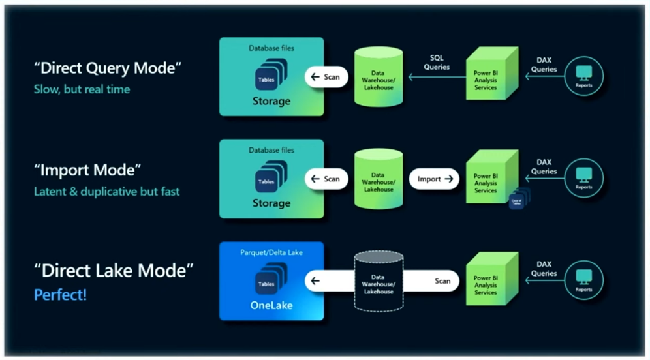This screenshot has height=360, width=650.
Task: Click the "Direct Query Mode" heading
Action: [107, 68]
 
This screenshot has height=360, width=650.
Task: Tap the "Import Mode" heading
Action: [87, 170]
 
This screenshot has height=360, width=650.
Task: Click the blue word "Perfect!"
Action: [60, 295]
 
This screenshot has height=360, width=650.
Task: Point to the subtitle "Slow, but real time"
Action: [82, 89]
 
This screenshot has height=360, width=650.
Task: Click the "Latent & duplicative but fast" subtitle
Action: [106, 192]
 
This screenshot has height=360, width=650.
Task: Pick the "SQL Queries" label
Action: [437, 63]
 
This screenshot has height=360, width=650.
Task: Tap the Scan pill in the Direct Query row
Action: [326, 77]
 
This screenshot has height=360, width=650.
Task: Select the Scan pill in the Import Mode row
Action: [326, 179]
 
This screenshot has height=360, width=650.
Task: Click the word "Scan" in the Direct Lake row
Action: [442, 281]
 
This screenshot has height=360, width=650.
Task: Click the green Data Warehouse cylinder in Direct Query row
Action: [378, 76]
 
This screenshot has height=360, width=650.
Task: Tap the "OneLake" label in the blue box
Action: [271, 305]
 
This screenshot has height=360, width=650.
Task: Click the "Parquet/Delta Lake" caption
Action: [271, 252]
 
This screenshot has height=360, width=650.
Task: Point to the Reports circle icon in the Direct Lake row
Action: [583, 281]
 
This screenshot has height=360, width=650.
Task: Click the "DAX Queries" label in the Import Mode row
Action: [544, 167]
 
